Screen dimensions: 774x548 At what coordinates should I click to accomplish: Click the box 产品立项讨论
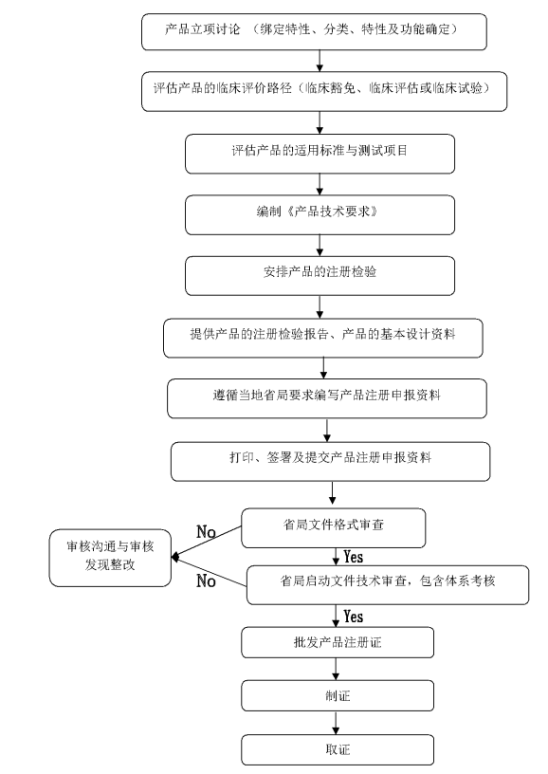tap(315, 31)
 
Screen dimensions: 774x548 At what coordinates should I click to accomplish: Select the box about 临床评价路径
tap(323, 90)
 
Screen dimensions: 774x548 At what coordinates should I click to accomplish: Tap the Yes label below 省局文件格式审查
tap(353, 557)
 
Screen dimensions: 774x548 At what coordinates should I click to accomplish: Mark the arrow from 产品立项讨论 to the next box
tap(320, 61)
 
